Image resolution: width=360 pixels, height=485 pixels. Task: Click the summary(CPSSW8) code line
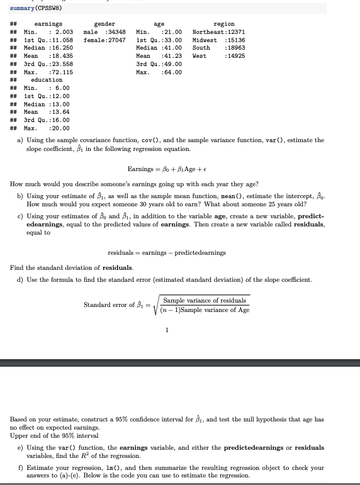37,8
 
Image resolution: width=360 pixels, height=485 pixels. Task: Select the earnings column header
48,24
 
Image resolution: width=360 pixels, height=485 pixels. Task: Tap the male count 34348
115,32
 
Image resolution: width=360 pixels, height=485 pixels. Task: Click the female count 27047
115,40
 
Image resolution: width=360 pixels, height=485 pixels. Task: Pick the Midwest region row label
205,40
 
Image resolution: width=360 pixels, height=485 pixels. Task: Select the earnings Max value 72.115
61,72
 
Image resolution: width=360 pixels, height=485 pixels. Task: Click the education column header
47,80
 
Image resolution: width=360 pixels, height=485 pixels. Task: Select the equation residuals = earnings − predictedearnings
166,253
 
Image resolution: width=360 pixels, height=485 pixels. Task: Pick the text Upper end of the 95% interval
45,435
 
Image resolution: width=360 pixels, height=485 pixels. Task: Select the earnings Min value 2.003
61,32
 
